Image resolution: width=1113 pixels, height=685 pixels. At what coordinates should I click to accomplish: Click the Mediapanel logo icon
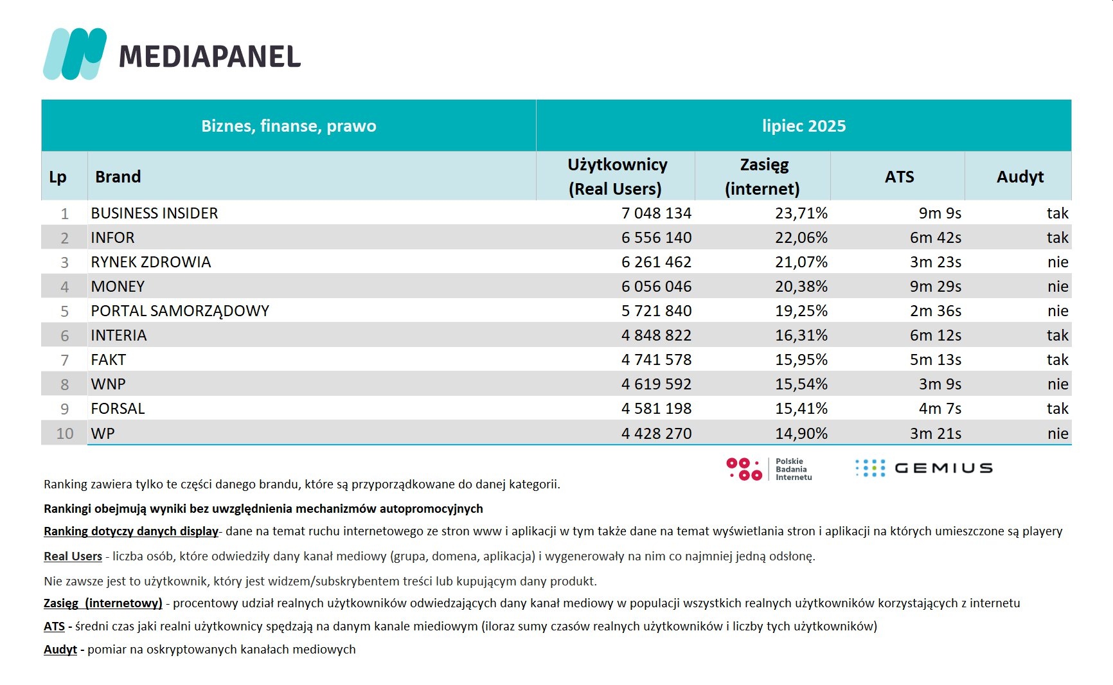coord(75,54)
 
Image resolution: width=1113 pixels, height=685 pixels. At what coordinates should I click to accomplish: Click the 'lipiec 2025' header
coord(803,126)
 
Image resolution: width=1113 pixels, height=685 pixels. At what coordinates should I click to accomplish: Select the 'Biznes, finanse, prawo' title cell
coord(289,126)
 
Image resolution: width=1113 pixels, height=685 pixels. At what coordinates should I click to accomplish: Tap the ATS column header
coord(898,177)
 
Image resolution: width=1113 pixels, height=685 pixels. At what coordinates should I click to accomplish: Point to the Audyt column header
coord(1019,177)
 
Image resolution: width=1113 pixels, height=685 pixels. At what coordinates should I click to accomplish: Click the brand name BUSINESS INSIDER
coord(154,213)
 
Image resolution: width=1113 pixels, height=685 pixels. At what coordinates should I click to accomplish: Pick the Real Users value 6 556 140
coord(656,238)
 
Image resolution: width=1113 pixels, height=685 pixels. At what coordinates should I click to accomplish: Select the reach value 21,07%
coord(801,262)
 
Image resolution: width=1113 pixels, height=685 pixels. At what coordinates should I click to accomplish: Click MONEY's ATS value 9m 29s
coord(935,287)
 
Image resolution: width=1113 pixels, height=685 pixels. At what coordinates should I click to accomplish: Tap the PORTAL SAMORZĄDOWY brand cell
coord(180,311)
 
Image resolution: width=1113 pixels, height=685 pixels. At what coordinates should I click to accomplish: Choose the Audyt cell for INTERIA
coord(1057,335)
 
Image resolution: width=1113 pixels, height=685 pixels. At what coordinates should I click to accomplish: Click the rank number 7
coord(64,360)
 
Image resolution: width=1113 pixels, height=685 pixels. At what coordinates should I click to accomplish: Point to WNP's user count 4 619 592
coord(656,384)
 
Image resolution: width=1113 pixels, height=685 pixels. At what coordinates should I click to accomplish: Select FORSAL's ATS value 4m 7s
coord(939,409)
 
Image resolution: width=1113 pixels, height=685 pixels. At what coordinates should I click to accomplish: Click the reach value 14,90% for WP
coord(801,434)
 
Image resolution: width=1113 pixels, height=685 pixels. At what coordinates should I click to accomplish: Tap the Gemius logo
coord(923,468)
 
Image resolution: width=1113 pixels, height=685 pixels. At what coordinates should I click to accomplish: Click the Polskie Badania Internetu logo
coord(769,469)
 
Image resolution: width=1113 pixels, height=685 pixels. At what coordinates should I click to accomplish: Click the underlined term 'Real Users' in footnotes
coord(73,556)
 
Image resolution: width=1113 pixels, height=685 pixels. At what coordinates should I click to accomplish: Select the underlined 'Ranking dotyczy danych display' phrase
coord(131,531)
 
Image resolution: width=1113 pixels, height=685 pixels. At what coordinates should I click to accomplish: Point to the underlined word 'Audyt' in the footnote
coord(60,650)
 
